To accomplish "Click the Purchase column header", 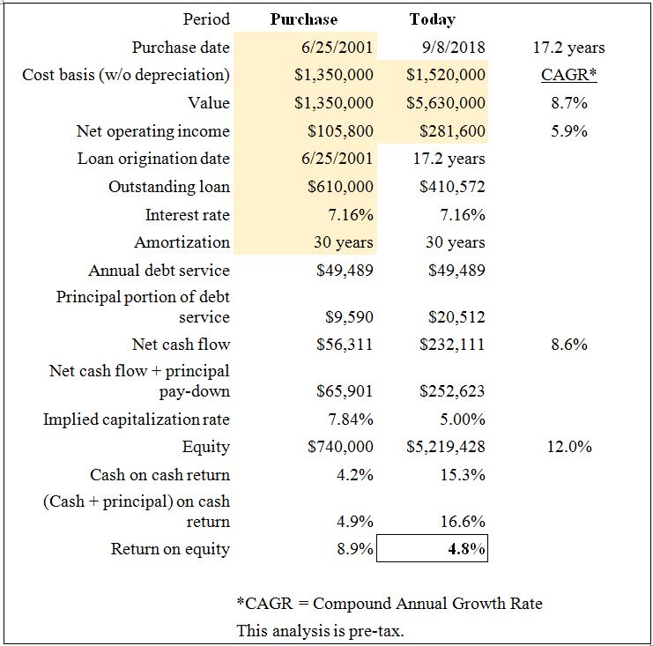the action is [x=304, y=19].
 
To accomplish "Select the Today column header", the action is [x=433, y=19].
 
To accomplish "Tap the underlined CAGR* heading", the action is [x=569, y=75].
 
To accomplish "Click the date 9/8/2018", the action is [x=454, y=47].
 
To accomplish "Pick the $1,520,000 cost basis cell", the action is [x=446, y=75].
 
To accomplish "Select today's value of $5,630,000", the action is [x=446, y=103].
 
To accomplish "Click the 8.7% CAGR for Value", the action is [x=569, y=103].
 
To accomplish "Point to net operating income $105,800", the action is [x=340, y=131].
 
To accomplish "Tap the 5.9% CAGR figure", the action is [x=569, y=131].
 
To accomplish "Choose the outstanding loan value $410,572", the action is [x=452, y=187].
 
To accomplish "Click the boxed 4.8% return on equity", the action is [x=466, y=549].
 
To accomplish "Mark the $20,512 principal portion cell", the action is [x=456, y=317].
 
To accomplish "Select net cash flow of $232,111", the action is [x=452, y=345].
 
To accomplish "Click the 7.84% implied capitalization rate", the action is [x=351, y=419].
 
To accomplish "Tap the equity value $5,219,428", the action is [x=446, y=447].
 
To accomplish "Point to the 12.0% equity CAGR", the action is [x=569, y=447].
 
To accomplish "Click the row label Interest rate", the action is [x=188, y=215].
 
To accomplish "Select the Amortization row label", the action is [x=182, y=242].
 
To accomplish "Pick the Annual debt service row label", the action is [x=160, y=271].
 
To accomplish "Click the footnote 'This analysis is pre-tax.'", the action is [x=320, y=631].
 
